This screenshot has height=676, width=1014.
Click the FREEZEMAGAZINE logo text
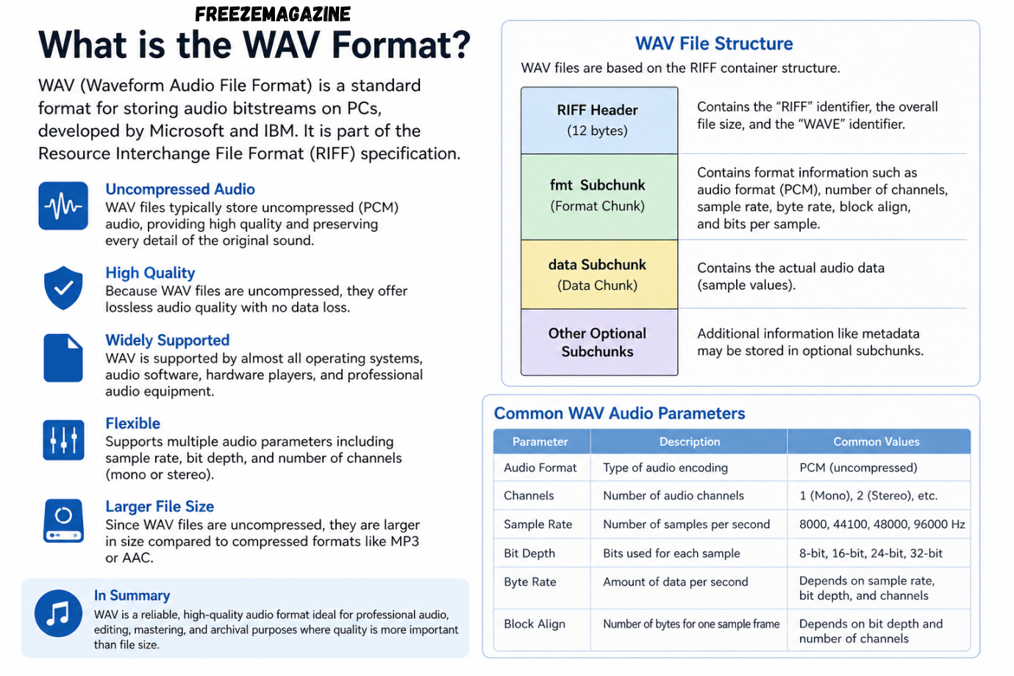[273, 14]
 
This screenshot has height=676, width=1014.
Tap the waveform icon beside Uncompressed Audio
[63, 206]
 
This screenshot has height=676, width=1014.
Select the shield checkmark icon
[63, 288]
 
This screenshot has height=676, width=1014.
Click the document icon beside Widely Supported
[63, 358]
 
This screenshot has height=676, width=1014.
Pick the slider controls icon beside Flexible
[63, 440]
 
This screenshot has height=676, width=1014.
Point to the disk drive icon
[63, 521]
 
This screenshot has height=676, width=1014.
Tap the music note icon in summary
[58, 613]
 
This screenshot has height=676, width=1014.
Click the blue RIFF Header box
[599, 121]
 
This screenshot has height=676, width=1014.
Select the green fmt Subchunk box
[599, 197]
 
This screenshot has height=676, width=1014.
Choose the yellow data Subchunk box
[599, 274]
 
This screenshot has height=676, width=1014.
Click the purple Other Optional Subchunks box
[599, 342]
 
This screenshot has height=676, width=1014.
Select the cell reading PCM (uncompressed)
[858, 468]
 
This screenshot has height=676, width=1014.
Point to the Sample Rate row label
[538, 524]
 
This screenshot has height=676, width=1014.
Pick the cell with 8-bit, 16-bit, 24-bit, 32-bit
[871, 553]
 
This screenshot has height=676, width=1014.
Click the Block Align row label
[535, 624]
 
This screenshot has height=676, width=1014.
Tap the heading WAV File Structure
[714, 43]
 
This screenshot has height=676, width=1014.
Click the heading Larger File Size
[160, 506]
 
